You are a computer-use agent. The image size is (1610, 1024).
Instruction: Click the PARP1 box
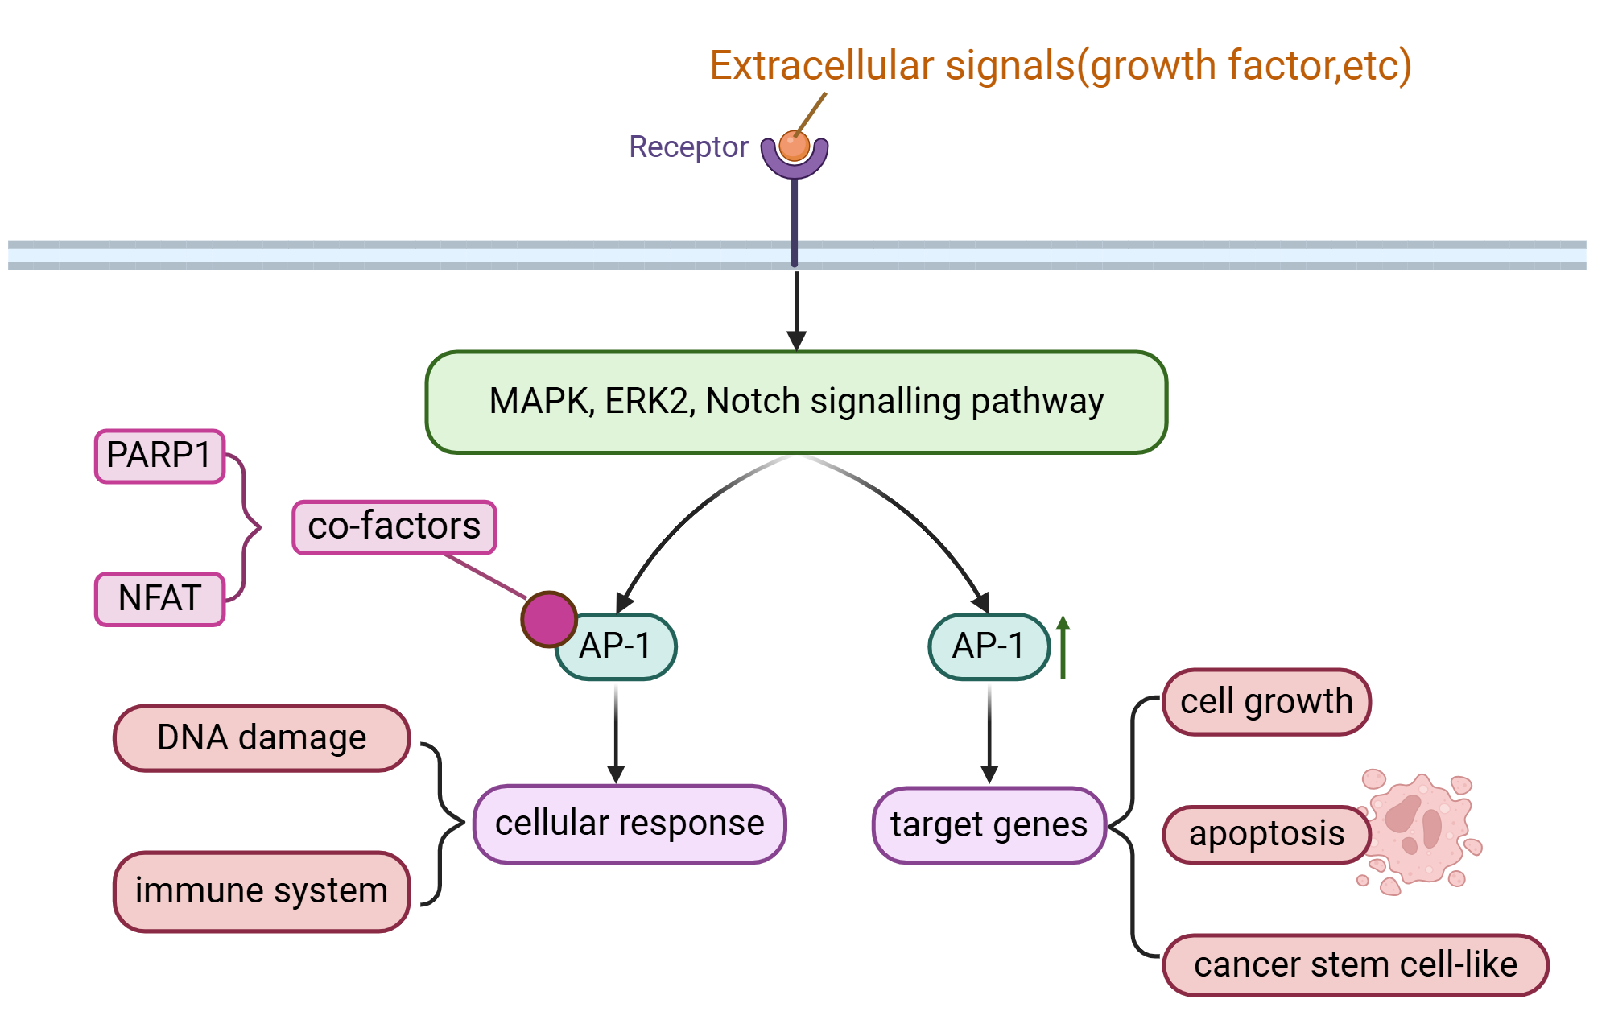[159, 456]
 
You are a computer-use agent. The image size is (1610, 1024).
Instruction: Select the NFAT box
[159, 599]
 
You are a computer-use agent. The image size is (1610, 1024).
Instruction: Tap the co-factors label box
[394, 527]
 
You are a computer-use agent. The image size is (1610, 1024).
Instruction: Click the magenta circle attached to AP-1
[549, 619]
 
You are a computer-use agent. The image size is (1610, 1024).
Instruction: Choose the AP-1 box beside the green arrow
[989, 646]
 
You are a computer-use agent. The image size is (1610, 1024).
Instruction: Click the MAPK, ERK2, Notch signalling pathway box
[795, 402]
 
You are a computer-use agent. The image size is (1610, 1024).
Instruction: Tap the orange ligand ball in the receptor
[795, 146]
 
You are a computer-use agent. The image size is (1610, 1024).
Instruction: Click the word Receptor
[688, 147]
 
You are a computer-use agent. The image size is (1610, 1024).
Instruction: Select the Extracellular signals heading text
[1059, 66]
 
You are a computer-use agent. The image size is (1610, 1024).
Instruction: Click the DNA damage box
[262, 738]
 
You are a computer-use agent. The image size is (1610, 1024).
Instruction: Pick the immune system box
[262, 891]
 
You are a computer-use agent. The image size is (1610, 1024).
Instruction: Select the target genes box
[989, 825]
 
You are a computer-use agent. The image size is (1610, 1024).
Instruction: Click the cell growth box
[1265, 702]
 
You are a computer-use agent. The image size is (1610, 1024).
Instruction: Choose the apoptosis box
[1265, 834]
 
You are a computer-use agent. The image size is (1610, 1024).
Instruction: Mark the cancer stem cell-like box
[1355, 964]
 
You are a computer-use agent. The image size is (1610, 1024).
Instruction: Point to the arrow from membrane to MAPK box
[796, 310]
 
